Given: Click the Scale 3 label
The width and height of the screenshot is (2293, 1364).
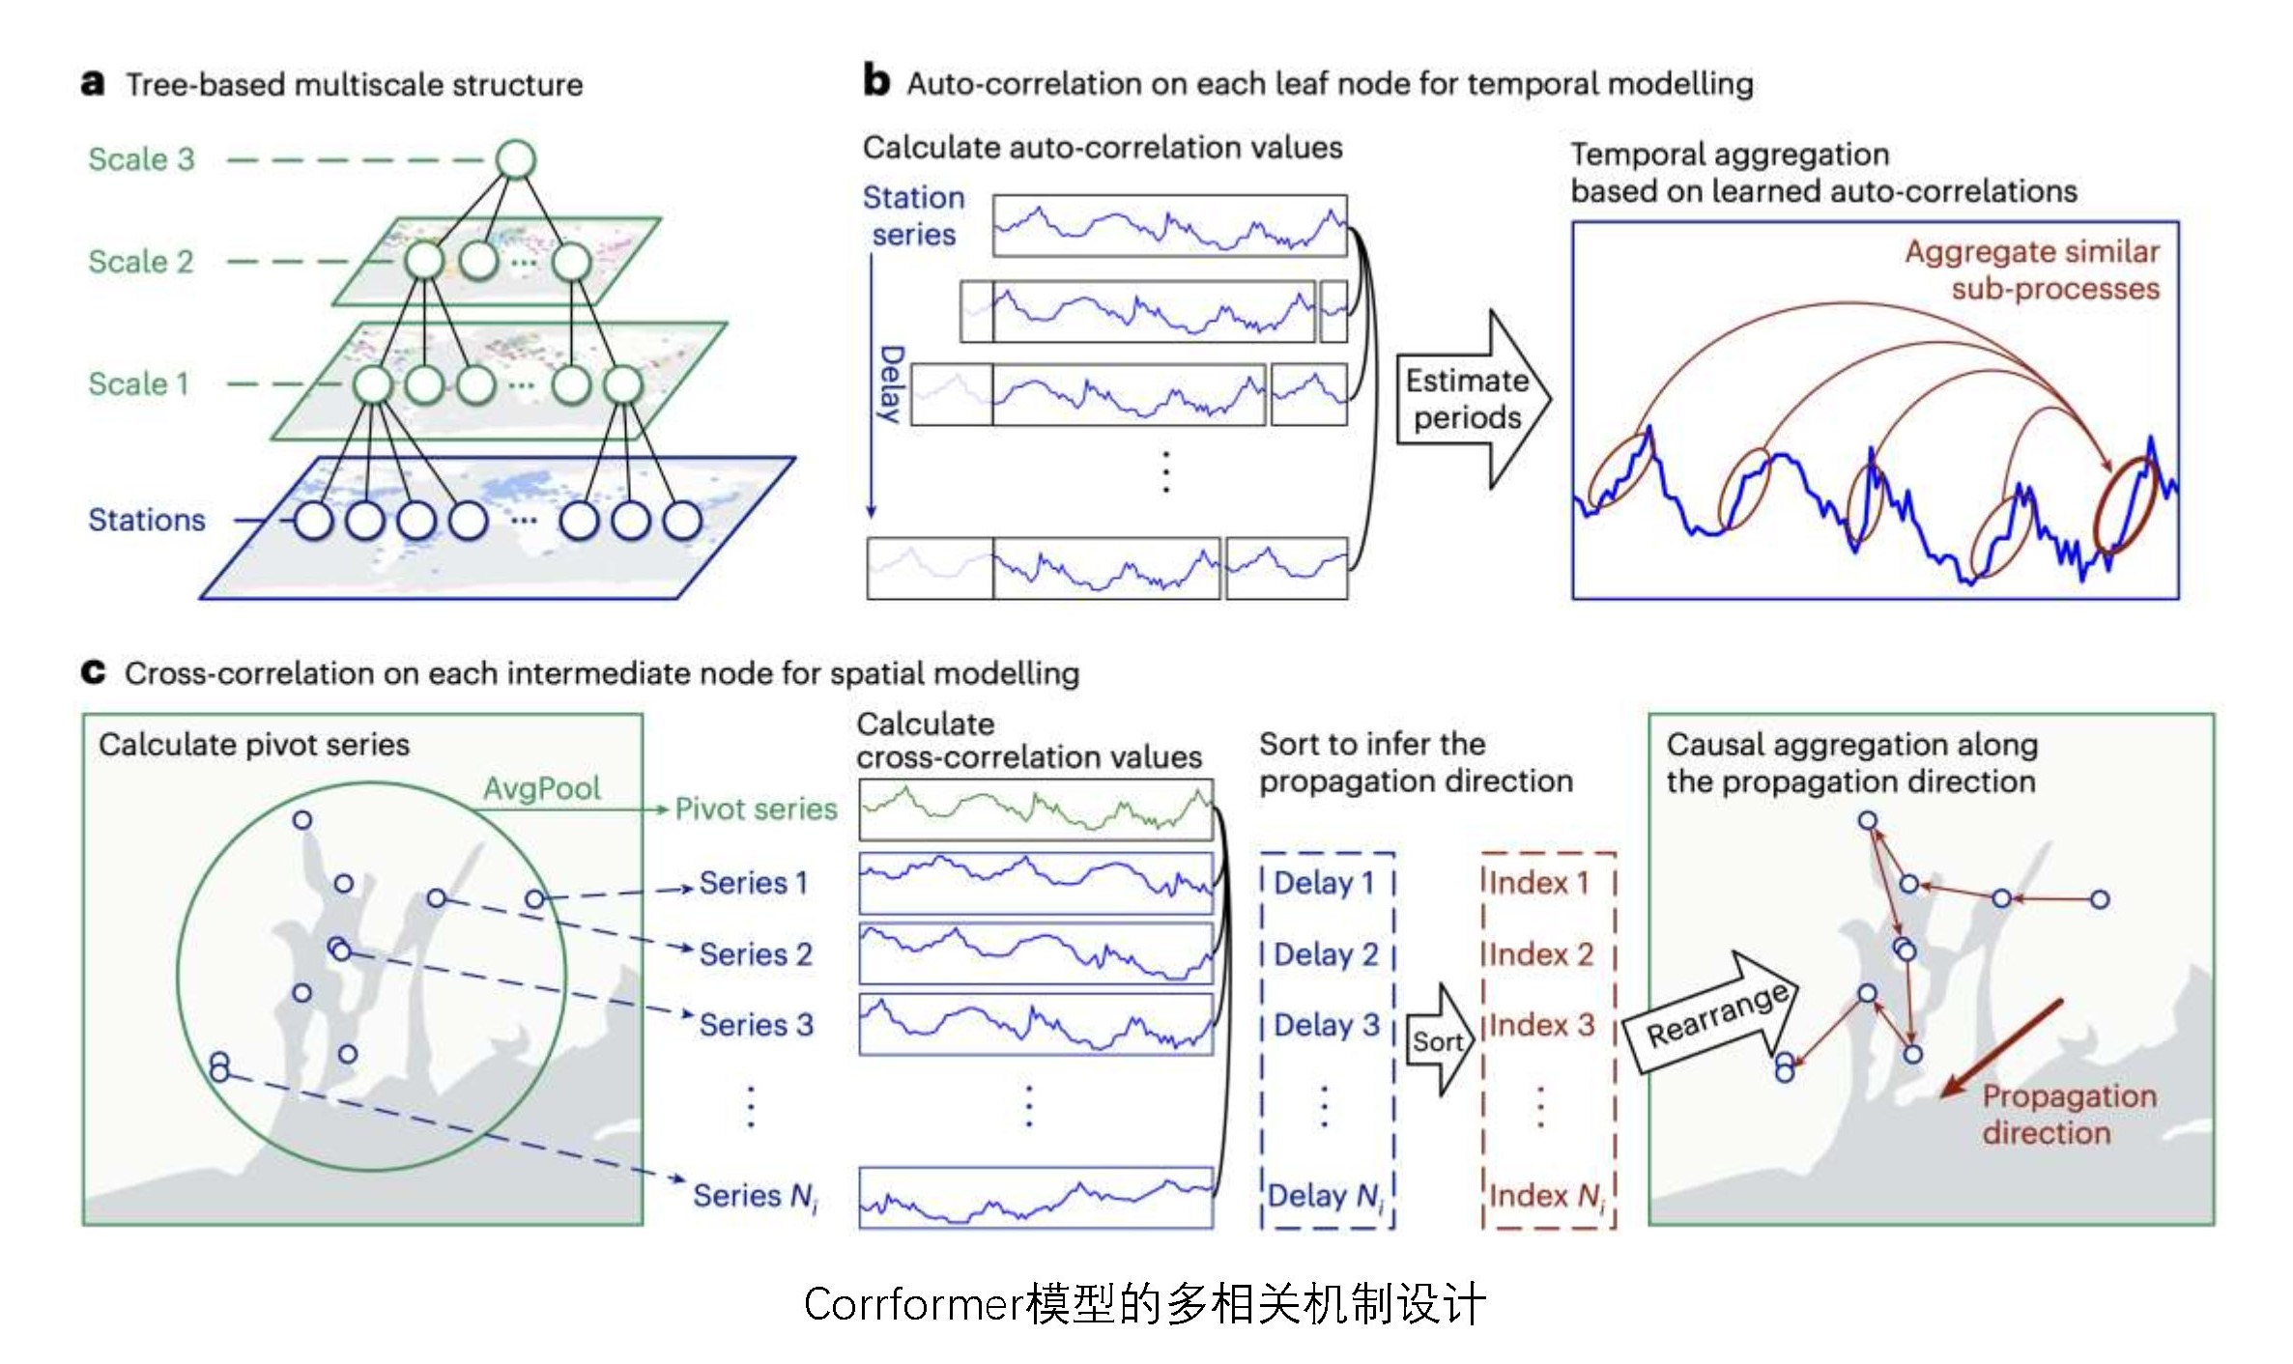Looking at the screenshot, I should click(141, 158).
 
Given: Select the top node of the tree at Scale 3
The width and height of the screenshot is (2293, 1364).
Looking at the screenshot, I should click(515, 159).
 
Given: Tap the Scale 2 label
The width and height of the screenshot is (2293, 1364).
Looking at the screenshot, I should click(141, 261).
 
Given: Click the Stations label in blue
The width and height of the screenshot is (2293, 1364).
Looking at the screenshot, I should click(147, 520).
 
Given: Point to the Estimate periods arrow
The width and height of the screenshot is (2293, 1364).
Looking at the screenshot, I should click(1469, 399).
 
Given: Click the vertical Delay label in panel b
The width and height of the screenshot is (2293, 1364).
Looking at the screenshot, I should click(891, 384).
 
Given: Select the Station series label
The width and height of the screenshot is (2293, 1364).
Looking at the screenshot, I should click(913, 215).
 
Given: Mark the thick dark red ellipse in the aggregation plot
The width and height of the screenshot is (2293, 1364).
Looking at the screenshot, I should click(2125, 504).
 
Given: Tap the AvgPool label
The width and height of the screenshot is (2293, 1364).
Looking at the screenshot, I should click(542, 788).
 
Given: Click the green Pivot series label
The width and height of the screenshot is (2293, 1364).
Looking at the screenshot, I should click(756, 809).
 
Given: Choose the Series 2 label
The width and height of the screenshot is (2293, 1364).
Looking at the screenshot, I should click(756, 954).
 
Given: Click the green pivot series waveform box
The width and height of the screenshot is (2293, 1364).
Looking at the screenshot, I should click(1036, 810).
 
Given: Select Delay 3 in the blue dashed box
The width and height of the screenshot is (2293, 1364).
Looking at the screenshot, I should click(1326, 1025).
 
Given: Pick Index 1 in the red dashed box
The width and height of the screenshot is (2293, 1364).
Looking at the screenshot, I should click(1538, 882).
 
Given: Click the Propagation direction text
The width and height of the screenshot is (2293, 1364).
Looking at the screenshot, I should click(2068, 1114).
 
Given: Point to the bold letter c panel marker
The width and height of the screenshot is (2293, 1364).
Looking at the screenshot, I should click(93, 671).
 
